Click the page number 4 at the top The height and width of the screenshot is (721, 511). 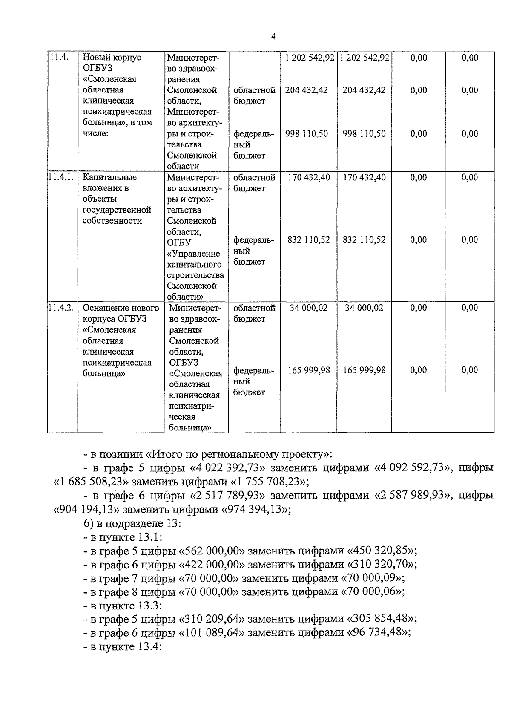coord(273,37)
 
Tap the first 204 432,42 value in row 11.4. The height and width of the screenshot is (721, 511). coord(307,90)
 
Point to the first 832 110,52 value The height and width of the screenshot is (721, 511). coord(309,240)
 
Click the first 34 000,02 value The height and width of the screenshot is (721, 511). coord(309,308)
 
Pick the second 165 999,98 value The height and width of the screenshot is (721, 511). coord(364,370)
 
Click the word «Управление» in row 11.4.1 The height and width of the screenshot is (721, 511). coord(194,254)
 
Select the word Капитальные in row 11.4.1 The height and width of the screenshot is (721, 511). coord(109,177)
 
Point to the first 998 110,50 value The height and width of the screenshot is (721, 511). coord(307,134)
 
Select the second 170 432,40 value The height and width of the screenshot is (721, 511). coord(364,177)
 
